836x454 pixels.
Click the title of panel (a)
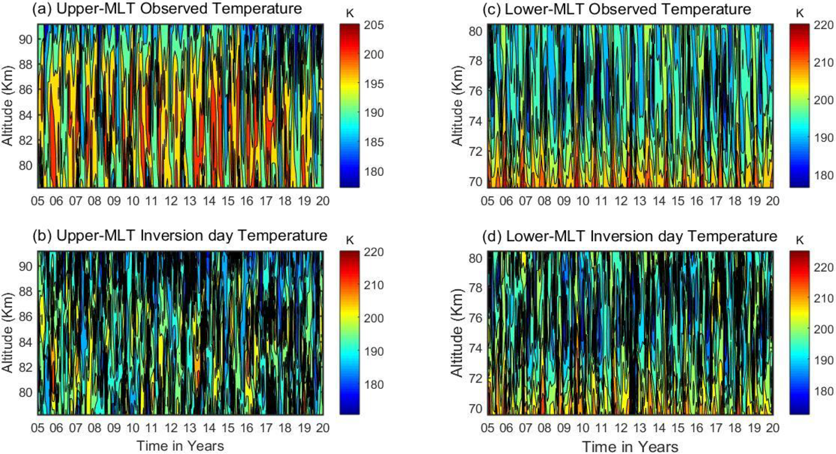pos(167,8)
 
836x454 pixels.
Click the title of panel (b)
pos(180,235)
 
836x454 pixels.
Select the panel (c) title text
pos(616,9)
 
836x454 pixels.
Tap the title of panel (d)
pos(629,236)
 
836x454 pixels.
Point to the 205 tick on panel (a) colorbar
pos(374,25)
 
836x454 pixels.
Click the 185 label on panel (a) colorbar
pos(374,142)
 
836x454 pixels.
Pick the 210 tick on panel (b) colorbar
pos(374,285)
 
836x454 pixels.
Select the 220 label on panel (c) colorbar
pos(823,25)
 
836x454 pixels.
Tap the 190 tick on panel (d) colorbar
pos(823,360)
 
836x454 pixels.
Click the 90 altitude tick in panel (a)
pos(25,39)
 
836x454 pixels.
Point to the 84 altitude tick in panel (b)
pos(25,342)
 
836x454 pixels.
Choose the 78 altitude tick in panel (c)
pos(475,61)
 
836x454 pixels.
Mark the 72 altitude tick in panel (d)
pos(475,378)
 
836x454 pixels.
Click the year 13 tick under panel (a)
pos(190,201)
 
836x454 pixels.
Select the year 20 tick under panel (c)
pos(773,201)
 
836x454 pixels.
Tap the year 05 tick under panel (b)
pos(38,428)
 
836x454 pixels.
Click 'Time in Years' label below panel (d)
pos(630,447)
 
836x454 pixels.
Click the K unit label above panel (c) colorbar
pos(800,13)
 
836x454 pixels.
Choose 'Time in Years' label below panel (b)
pos(180,446)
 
